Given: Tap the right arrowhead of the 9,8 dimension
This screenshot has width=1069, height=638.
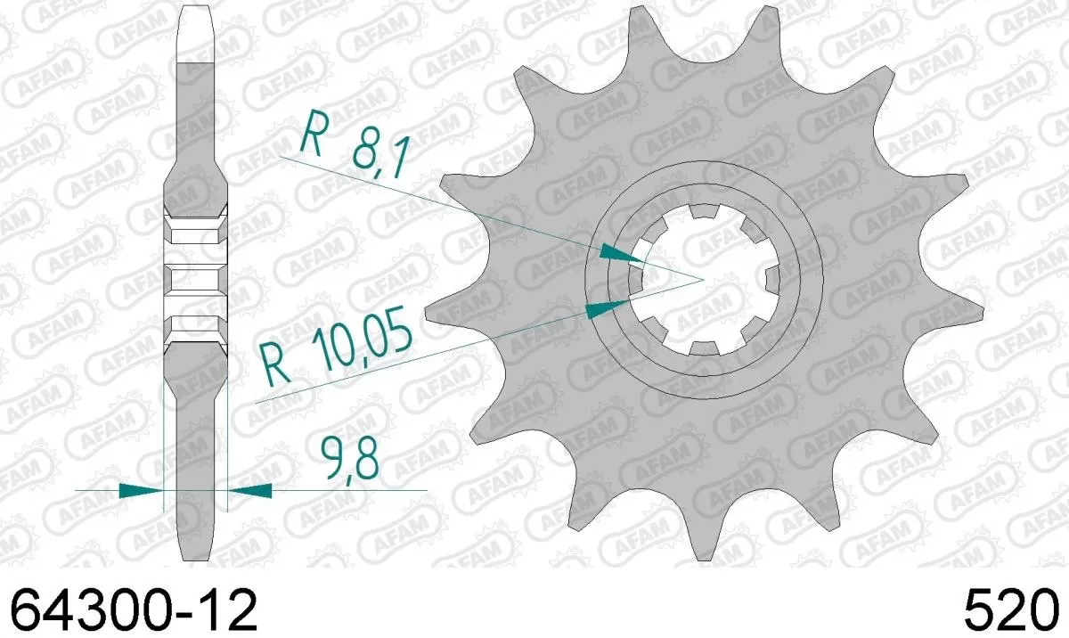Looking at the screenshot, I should (x=250, y=489).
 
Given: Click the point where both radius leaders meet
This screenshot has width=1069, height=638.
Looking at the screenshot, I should (x=703, y=280).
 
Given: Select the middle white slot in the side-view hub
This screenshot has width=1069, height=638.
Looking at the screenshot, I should (x=196, y=280).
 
